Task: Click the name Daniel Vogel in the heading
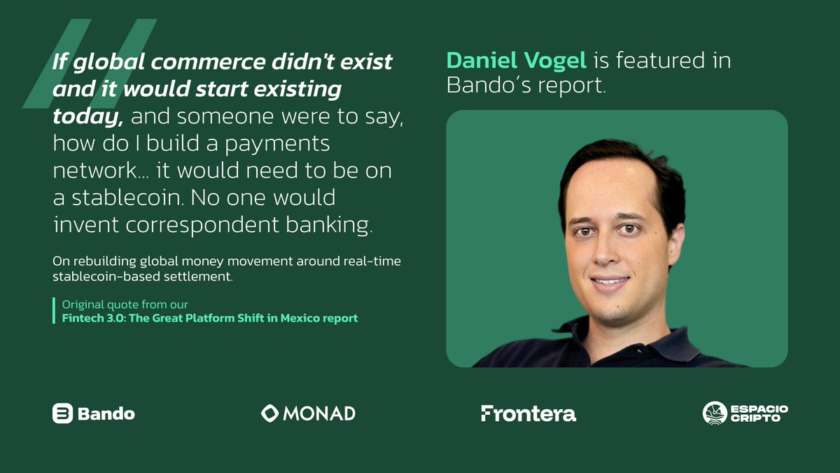[x=517, y=61]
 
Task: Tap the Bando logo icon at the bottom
[x=63, y=413]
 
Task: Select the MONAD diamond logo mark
[x=270, y=413]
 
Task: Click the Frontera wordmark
[x=528, y=413]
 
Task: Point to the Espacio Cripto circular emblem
[x=715, y=413]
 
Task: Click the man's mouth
[x=610, y=282]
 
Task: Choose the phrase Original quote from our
[x=125, y=305]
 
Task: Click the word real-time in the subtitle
[x=372, y=261]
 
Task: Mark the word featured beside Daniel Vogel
[x=659, y=61]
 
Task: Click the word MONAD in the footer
[x=319, y=413]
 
